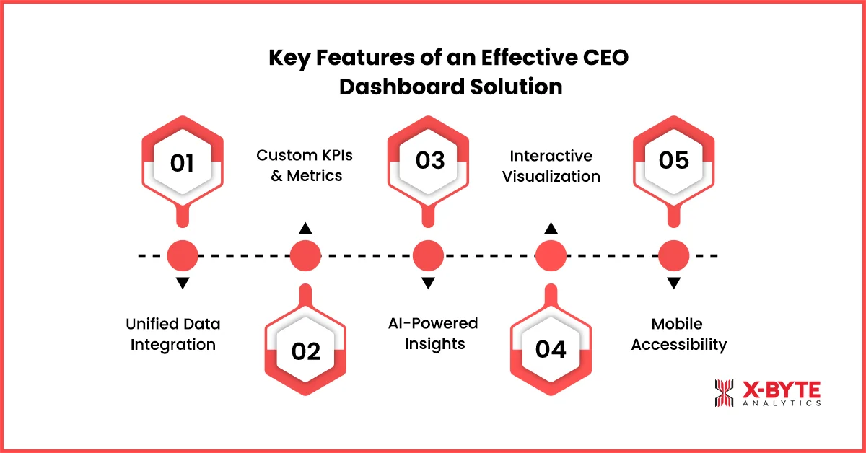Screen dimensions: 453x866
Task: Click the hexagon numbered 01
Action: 182,162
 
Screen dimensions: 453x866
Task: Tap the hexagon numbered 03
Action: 429,162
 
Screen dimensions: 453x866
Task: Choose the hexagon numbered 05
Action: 673,162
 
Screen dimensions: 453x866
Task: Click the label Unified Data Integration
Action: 173,334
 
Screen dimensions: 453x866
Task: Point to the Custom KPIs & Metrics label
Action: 306,165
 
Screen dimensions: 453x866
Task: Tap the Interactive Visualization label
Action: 551,165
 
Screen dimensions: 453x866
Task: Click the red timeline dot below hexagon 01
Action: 183,255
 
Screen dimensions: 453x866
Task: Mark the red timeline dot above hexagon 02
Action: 305,255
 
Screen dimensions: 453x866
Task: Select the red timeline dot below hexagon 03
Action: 428,255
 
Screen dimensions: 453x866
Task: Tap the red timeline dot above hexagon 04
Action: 551,255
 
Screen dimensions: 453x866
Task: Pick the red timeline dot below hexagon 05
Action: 674,255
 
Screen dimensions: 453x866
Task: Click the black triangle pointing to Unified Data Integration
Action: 183,283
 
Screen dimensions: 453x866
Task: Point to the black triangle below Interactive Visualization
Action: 551,229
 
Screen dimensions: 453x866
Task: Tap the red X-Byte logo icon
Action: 724,393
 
